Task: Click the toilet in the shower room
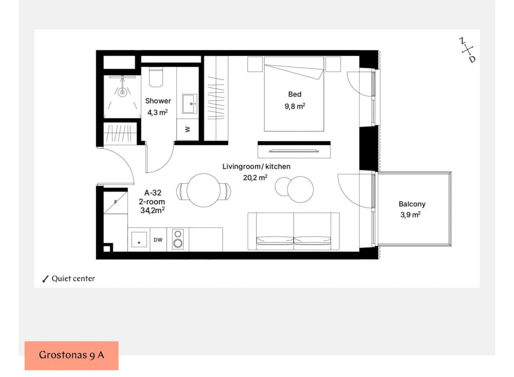click(x=156, y=78)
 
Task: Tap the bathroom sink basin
click(x=189, y=104)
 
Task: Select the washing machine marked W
click(x=188, y=129)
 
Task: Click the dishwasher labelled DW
click(x=158, y=239)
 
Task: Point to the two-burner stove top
click(x=178, y=238)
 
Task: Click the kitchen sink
click(x=139, y=239)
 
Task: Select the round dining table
click(x=203, y=190)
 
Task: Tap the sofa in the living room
click(x=293, y=231)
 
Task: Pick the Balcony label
click(x=412, y=204)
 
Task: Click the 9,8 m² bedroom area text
click(x=295, y=106)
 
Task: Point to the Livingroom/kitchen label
click(x=257, y=167)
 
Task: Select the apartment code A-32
click(x=153, y=193)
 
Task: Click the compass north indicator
click(x=462, y=40)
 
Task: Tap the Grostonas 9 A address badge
click(x=71, y=356)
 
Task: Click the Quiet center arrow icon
click(x=46, y=278)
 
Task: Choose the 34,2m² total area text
click(x=152, y=210)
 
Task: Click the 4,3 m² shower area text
click(x=158, y=112)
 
